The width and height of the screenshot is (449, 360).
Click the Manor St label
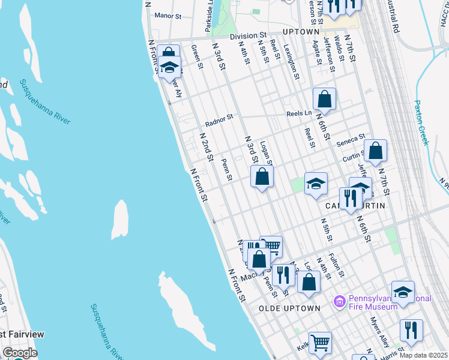[x=167, y=16]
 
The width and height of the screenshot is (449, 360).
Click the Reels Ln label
[x=299, y=113]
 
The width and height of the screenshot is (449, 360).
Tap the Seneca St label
[x=351, y=139]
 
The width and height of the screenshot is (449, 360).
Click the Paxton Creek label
[x=422, y=122]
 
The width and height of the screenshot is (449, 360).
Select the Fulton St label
[x=336, y=265]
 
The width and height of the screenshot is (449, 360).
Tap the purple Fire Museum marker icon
[x=340, y=300]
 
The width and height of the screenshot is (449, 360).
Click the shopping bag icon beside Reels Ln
[x=324, y=99]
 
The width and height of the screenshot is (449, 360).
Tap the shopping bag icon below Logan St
[x=262, y=177]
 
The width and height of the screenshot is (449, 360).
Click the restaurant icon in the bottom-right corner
[x=411, y=331]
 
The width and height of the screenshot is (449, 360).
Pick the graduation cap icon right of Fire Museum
[x=403, y=292]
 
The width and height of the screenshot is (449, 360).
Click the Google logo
[x=19, y=353]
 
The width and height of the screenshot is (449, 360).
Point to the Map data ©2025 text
[x=423, y=355]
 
